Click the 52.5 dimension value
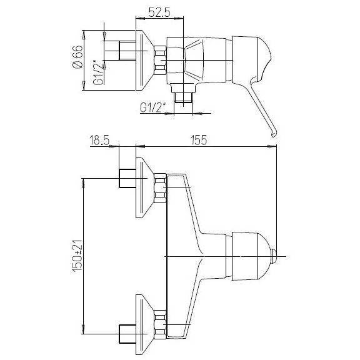(159, 12)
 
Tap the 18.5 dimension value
(99, 140)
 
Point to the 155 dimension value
(199, 140)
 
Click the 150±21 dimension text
(77, 256)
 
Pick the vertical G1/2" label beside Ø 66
(99, 72)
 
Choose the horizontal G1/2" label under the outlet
(153, 107)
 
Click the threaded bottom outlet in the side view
(184, 97)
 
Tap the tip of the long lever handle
(274, 135)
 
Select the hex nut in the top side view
(160, 60)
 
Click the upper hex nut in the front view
(160, 188)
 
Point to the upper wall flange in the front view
(144, 187)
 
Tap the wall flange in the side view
(144, 60)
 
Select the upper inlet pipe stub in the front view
(127, 178)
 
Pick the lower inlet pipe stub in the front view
(127, 334)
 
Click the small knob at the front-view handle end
(274, 256)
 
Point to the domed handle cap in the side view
(252, 59)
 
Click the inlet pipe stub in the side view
(127, 51)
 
